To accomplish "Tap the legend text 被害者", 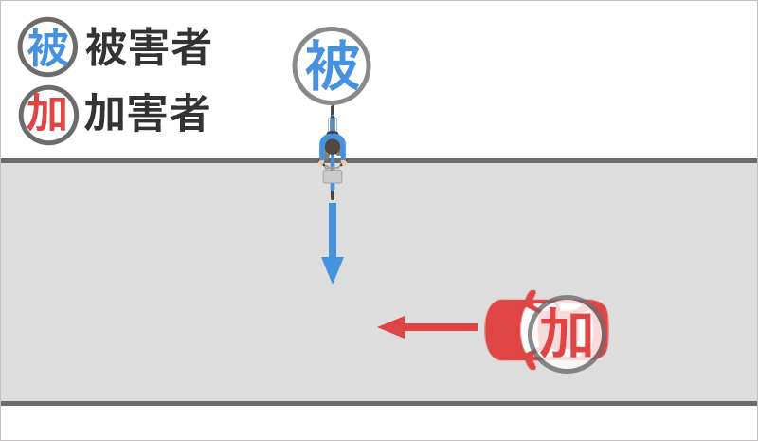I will (148, 47).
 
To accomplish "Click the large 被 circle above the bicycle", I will (332, 65).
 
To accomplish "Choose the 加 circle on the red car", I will (567, 333).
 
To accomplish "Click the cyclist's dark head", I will (333, 148).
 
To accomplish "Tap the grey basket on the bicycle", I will (333, 175).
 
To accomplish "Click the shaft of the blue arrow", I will (333, 228).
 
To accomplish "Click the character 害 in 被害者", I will (148, 47).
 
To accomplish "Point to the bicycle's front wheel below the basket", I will (333, 192).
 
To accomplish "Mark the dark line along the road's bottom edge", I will (379, 404).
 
